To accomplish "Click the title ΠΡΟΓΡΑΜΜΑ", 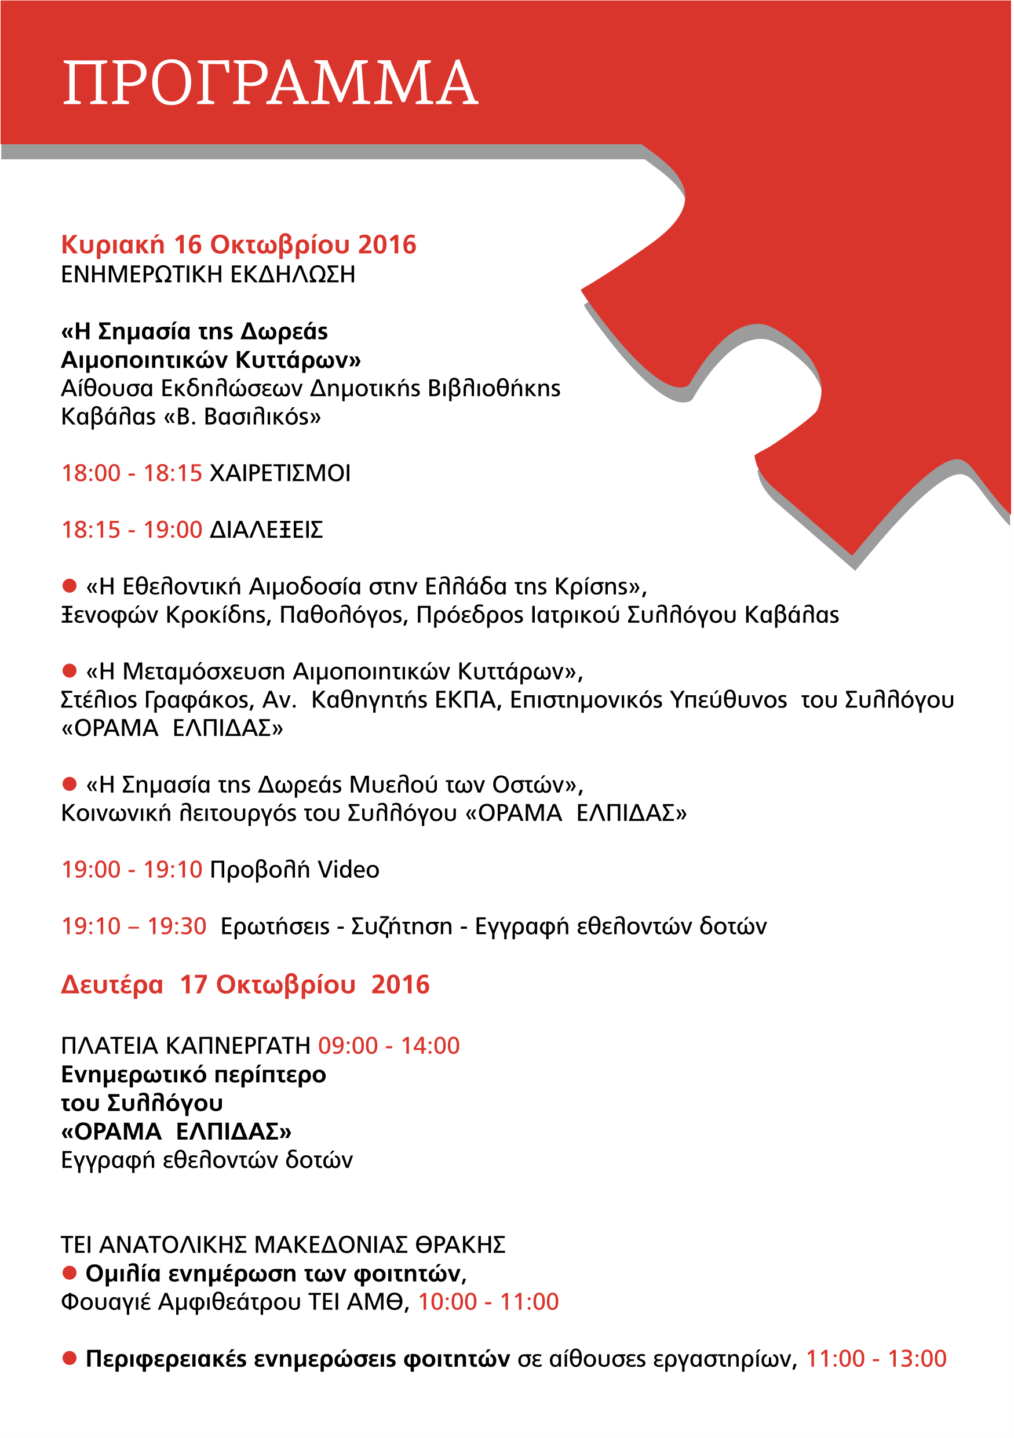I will pyautogui.click(x=271, y=83).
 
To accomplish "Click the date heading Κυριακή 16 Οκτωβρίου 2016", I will pyautogui.click(x=239, y=244).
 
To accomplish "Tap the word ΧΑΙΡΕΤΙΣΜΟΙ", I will pyautogui.click(x=280, y=473).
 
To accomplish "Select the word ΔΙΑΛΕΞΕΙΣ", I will pyautogui.click(x=266, y=530).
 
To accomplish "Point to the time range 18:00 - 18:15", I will pyautogui.click(x=132, y=473).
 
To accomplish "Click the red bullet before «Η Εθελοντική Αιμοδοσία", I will pyautogui.click(x=69, y=586).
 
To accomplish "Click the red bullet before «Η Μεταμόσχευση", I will pyautogui.click(x=69, y=671).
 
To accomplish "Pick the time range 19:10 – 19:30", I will pyautogui.click(x=134, y=926).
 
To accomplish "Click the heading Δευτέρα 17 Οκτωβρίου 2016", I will pyautogui.click(x=246, y=984).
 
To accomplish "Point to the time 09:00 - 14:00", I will pyautogui.click(x=389, y=1046).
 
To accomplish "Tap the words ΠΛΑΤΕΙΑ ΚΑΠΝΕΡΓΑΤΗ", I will pyautogui.click(x=186, y=1046).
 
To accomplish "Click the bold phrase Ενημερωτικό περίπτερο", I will pyautogui.click(x=194, y=1075).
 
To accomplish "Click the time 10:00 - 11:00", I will pyautogui.click(x=488, y=1301).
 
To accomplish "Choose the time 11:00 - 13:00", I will pyautogui.click(x=876, y=1359).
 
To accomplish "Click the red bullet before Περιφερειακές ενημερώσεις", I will pyautogui.click(x=69, y=1358).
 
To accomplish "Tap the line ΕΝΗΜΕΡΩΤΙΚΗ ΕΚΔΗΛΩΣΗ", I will pyautogui.click(x=208, y=274).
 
